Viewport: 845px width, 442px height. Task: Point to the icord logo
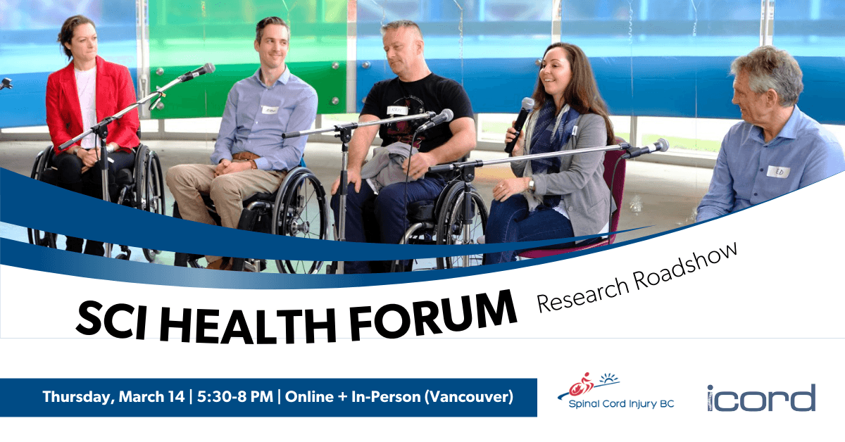(760, 398)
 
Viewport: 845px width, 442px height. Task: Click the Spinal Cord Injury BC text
(620, 405)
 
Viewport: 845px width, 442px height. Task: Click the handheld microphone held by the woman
(521, 120)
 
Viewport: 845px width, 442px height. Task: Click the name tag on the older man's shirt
(778, 171)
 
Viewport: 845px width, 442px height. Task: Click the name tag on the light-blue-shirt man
(270, 110)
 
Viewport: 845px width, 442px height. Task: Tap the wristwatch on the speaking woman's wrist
(532, 184)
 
